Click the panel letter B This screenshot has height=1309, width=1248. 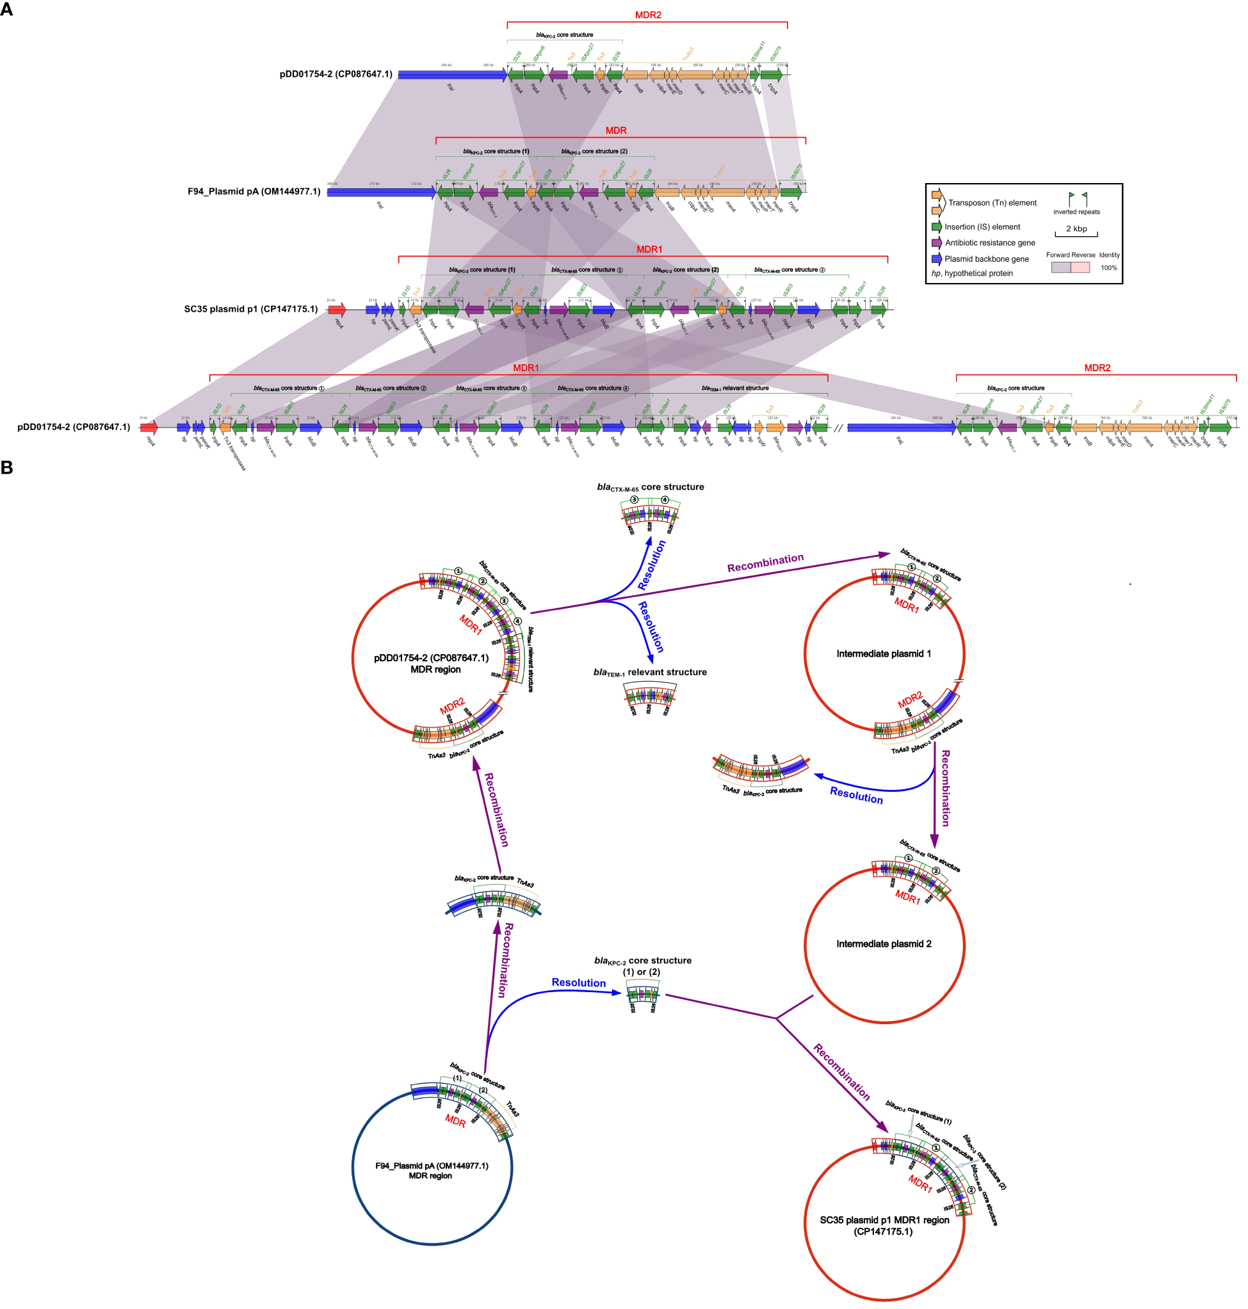pos(6,468)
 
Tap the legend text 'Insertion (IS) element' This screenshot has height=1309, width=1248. pos(982,227)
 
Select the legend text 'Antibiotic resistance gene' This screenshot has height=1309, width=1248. pos(990,243)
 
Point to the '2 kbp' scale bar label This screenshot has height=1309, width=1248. pos(1076,229)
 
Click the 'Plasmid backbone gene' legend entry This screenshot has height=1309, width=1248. pos(987,259)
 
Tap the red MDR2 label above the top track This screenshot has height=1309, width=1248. pos(648,15)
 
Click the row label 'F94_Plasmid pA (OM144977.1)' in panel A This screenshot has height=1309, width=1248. pos(254,191)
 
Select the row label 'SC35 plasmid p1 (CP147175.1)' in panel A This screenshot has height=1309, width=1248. pos(251,309)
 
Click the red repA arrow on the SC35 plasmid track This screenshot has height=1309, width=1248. pos(337,309)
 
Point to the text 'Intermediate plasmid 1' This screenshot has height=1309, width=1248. pos(884,654)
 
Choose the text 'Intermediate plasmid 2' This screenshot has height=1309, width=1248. pos(884,944)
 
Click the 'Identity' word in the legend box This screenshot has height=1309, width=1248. pos(1109,255)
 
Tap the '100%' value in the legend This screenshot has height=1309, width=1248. pos(1109,268)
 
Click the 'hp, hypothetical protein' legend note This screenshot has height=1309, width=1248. pos(972,273)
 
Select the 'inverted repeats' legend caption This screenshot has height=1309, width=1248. pos(1076,212)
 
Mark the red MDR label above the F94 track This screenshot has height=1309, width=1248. pos(616,131)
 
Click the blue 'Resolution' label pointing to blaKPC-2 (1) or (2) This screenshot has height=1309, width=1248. pos(579,983)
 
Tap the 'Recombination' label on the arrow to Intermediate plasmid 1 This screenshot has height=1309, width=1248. pos(765,563)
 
